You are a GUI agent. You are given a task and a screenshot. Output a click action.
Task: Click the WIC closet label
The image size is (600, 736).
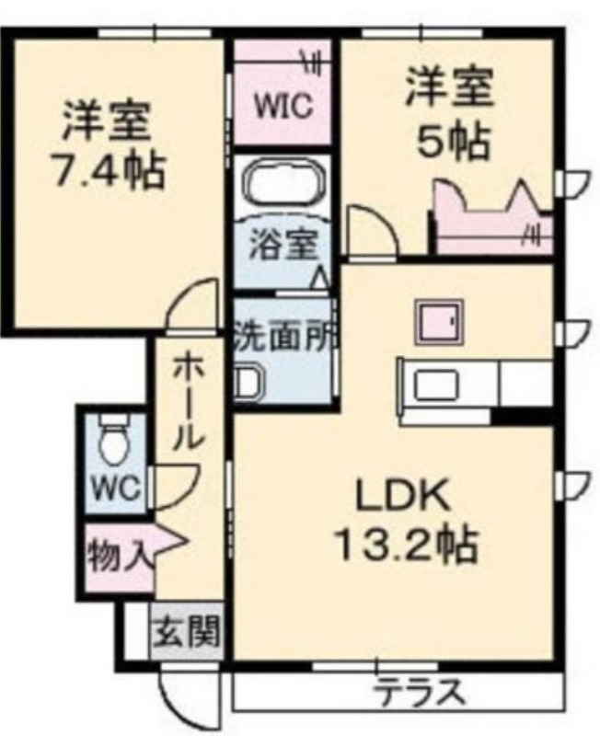pyautogui.click(x=283, y=106)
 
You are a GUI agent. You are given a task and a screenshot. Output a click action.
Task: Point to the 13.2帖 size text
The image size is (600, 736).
pyautogui.click(x=407, y=546)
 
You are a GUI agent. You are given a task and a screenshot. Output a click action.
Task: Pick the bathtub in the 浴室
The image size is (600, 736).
pyautogui.click(x=283, y=181)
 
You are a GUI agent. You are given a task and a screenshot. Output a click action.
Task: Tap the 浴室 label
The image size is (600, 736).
pyautogui.click(x=283, y=244)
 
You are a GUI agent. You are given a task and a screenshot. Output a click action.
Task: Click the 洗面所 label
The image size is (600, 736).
pyautogui.click(x=284, y=335)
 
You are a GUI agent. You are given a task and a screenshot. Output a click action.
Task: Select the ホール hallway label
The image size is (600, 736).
pyautogui.click(x=190, y=402)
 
